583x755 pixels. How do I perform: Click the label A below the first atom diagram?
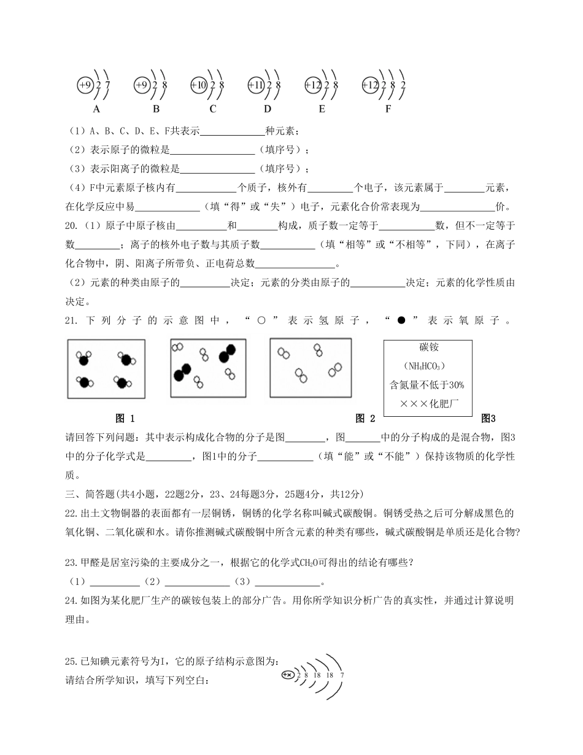tap(96, 109)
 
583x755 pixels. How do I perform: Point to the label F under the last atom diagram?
tap(388, 109)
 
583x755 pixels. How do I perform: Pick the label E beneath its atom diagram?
tap(322, 109)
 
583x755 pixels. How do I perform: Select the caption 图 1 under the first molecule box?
tap(125, 419)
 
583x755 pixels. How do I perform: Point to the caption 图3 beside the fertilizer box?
tap(488, 419)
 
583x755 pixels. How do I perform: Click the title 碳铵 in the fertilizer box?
tap(429, 347)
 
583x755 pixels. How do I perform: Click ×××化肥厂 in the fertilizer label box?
tap(429, 404)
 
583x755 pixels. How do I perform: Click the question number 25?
tap(71, 662)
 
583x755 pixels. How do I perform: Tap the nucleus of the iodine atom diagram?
tap(287, 675)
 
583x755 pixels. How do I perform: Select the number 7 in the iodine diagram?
tap(342, 675)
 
